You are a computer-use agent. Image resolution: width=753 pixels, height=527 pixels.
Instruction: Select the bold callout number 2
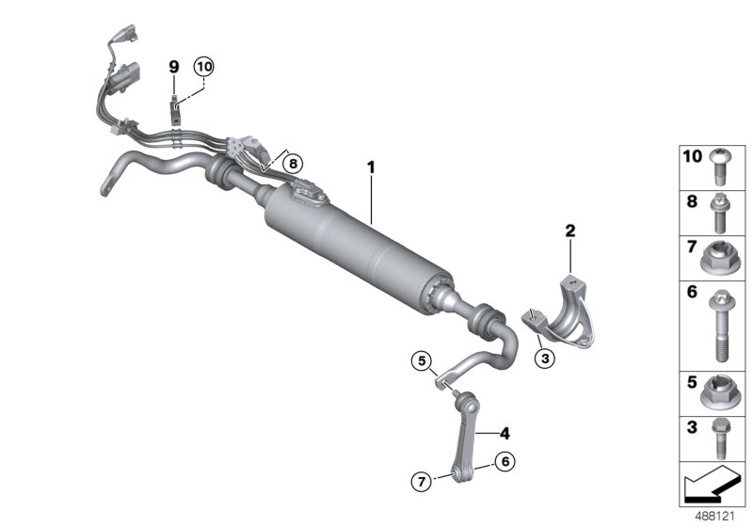coord(569,230)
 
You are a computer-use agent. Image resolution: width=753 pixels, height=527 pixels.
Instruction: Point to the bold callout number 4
coord(505,434)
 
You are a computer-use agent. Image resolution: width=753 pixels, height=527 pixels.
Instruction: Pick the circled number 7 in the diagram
coord(422,480)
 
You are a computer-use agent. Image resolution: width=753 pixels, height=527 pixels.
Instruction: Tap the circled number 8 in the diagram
coord(293,163)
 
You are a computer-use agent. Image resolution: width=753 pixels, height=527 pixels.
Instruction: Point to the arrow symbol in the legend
coord(711,488)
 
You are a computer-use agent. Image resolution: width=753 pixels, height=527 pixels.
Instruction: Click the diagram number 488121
coord(715,516)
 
